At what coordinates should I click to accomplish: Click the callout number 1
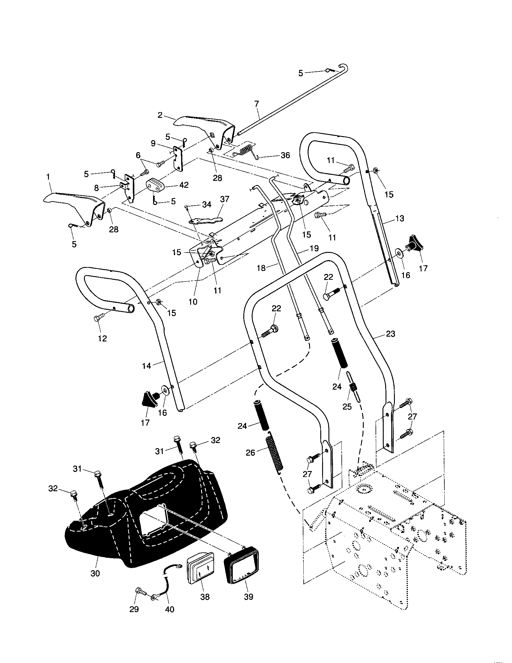click(x=48, y=176)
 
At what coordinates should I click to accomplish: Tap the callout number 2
click(x=160, y=115)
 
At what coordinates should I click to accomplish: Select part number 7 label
click(x=257, y=104)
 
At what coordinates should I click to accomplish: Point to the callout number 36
click(x=286, y=156)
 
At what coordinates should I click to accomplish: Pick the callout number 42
click(x=184, y=185)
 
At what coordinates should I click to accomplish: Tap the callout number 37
click(x=225, y=200)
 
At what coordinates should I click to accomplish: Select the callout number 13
click(x=400, y=218)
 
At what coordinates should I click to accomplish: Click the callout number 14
click(x=146, y=366)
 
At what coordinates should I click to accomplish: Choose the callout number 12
click(x=102, y=339)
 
